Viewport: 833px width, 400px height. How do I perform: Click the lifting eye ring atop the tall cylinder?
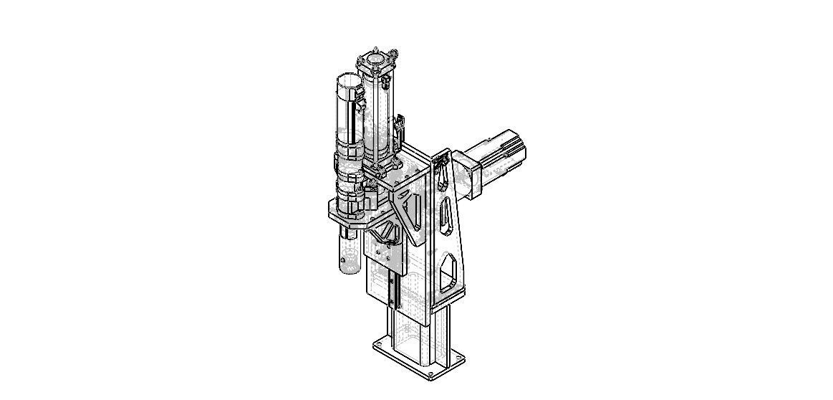pos(393,52)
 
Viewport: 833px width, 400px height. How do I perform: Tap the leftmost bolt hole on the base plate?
pos(377,348)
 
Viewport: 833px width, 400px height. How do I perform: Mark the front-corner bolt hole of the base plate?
pos(429,373)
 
